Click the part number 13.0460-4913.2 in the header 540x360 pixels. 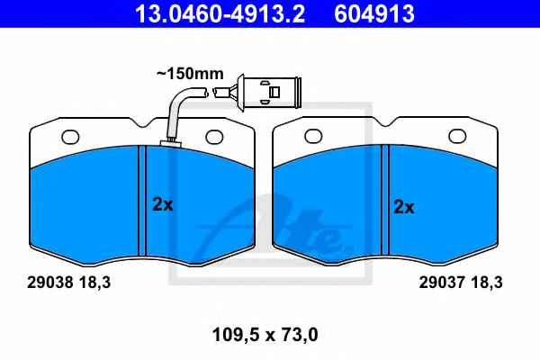coord(220,13)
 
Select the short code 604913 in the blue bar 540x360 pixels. coord(374,13)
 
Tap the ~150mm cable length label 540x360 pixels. coord(190,74)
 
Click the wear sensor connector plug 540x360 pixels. coord(267,93)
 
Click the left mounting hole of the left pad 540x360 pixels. coord(70,137)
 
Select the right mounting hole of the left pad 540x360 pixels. coord(214,137)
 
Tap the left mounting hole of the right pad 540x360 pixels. coord(314,137)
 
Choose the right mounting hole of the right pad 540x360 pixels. coord(458,137)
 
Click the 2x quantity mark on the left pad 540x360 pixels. coord(163,204)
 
